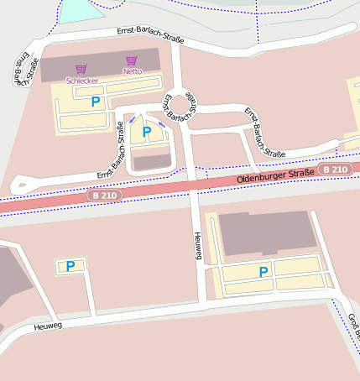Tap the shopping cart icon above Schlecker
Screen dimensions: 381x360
(x=81, y=70)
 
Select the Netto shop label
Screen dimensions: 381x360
(x=132, y=71)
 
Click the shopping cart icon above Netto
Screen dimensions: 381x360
(x=131, y=60)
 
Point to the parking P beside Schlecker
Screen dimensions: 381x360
(x=95, y=101)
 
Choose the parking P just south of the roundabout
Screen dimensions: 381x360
(x=147, y=132)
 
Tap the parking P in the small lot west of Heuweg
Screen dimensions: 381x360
(x=70, y=266)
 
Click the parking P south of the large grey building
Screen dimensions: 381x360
(x=263, y=272)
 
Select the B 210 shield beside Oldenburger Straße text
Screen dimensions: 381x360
(x=336, y=170)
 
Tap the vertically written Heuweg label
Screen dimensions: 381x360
(x=198, y=246)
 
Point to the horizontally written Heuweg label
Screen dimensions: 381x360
(x=48, y=325)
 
